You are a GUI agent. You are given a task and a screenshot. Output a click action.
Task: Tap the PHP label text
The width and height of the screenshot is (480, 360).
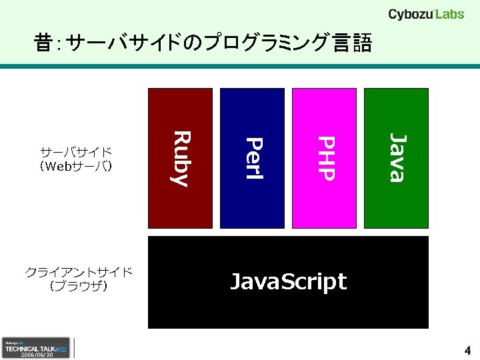325,158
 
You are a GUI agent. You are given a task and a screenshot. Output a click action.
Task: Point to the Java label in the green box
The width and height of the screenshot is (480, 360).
397,158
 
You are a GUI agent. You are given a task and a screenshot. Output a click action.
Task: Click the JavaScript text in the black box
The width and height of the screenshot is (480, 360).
288,282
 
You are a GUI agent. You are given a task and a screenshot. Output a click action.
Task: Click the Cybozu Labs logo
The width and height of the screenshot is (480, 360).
426,14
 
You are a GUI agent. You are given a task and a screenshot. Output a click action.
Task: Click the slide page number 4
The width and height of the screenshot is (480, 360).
467,351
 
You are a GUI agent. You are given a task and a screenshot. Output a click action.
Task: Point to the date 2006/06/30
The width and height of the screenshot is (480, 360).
37,355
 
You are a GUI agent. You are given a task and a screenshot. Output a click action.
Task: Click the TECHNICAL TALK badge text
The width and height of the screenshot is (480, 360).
31,348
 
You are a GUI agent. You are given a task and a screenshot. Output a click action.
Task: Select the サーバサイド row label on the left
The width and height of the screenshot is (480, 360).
76,152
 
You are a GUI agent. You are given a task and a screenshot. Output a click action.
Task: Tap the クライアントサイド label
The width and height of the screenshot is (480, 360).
79,272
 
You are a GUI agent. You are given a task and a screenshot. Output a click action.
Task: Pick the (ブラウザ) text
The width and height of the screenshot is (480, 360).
79,286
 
